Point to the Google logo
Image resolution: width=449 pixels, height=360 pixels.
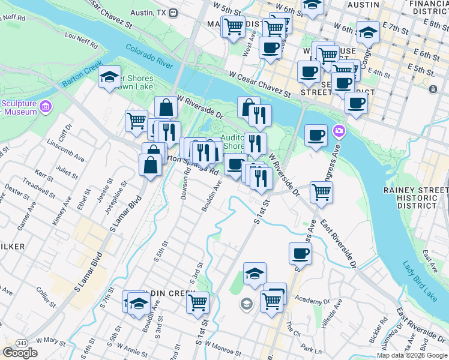[x=20, y=353]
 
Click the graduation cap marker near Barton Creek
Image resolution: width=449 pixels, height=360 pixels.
[x=109, y=77]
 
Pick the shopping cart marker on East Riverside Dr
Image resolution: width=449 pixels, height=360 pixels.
[x=321, y=193]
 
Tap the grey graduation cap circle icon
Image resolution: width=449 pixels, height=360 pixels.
[x=246, y=304]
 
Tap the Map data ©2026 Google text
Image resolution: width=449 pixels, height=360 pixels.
[x=411, y=355]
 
